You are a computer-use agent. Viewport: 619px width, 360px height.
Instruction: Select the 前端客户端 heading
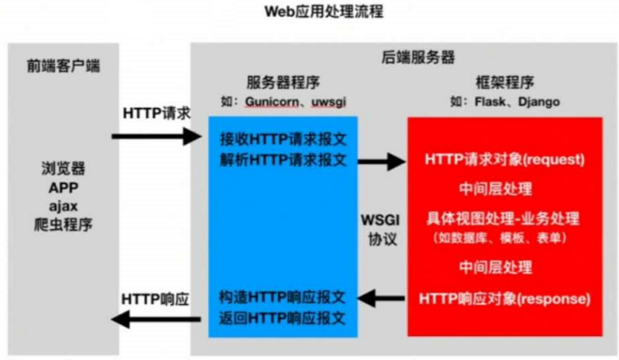63,66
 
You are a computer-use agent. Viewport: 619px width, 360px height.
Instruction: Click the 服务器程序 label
283,83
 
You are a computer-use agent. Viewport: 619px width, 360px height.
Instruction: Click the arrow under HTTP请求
156,136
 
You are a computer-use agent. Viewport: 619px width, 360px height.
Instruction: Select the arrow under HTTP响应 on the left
156,319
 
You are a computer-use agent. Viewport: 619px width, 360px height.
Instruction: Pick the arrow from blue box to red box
382,161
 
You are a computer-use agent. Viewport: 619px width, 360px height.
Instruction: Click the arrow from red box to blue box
382,299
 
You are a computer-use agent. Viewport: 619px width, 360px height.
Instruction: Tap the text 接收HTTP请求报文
283,138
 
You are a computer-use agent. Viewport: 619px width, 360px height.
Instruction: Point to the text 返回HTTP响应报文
283,318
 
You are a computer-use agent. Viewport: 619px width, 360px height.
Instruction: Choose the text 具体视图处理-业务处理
503,219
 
